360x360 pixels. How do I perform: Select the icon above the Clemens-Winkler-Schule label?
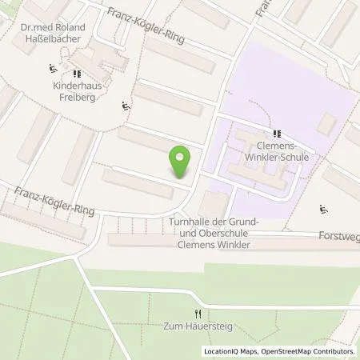[276, 134]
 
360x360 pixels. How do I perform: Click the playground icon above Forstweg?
[323, 210]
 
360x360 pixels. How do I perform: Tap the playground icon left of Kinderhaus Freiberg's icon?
[52, 67]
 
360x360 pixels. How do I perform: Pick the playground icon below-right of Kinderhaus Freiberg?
[126, 105]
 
